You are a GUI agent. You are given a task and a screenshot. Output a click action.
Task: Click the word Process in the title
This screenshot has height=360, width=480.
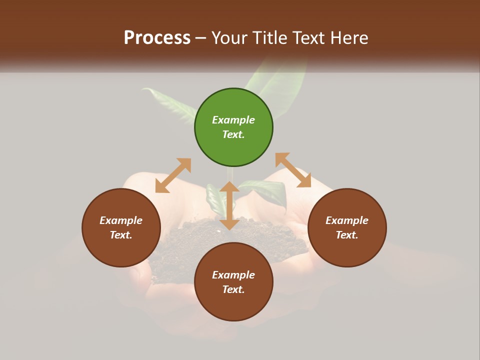click(157, 38)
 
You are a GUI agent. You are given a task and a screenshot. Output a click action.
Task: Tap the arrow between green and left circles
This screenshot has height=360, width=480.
click(173, 175)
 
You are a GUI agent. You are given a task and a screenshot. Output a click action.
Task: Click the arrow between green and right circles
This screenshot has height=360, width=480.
click(293, 170)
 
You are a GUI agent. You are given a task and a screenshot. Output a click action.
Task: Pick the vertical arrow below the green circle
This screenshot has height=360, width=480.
click(229, 205)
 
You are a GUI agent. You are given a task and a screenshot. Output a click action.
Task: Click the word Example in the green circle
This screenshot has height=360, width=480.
click(233, 120)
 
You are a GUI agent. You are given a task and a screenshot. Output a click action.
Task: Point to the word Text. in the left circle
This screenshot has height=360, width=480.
click(121, 235)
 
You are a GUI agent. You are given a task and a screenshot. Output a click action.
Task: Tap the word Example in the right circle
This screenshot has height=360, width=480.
click(347, 220)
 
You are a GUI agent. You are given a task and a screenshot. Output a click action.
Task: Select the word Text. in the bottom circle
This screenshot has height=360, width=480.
click(233, 289)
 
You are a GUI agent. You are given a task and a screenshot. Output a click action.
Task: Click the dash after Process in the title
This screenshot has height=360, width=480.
click(200, 38)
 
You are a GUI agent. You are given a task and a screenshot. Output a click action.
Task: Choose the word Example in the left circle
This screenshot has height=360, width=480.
click(121, 220)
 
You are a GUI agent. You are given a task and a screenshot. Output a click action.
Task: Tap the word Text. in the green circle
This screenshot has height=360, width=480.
click(233, 134)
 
